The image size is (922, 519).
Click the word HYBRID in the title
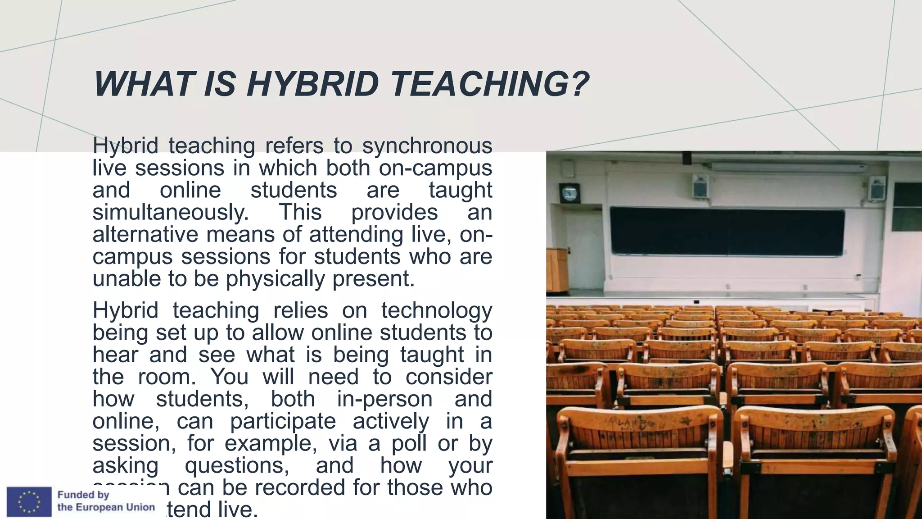point(312,84)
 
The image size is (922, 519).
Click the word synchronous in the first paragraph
point(427,146)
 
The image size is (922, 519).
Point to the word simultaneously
point(171,213)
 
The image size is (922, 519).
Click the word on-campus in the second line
point(435,168)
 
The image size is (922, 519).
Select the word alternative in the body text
point(145,235)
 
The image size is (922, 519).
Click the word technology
point(436,311)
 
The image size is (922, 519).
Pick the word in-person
point(384,399)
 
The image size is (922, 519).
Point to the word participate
point(283,421)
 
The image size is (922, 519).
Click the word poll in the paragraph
point(409,443)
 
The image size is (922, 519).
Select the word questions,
point(237,465)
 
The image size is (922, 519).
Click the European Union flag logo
point(29,501)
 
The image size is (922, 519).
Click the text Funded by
point(83,495)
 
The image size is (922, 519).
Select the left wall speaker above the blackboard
point(700,186)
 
